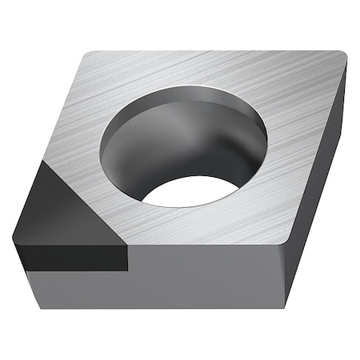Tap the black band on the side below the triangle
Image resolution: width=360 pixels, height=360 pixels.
72,256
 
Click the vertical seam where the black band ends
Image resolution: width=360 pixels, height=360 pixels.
127,256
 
